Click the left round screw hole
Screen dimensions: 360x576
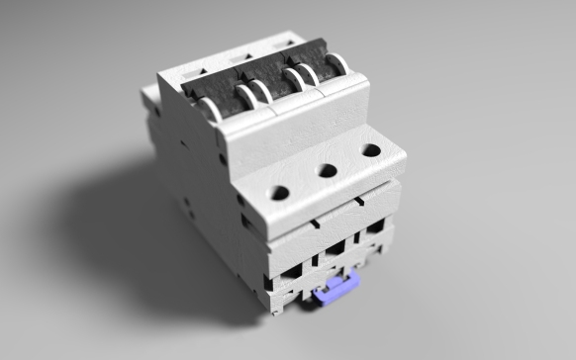tap(280, 193)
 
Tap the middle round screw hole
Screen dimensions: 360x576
tap(326, 171)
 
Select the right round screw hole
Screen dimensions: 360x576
tap(370, 150)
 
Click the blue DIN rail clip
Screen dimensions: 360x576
tap(336, 292)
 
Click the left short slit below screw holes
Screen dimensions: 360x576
tap(315, 224)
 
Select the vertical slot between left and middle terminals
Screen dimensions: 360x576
tap(315, 261)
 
